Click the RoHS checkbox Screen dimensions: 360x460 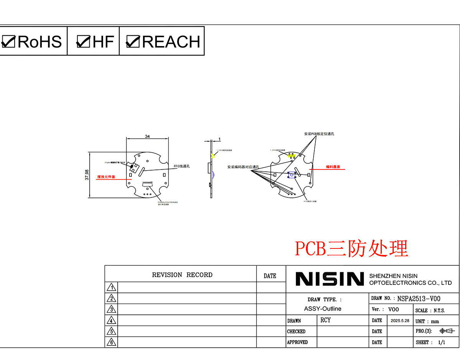click(8, 41)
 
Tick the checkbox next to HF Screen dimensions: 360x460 click(83, 41)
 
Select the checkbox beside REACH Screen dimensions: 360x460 click(133, 41)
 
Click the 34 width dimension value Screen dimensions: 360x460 click(147, 136)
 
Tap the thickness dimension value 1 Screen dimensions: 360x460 click(219, 139)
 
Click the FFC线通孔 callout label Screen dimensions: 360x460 click(182, 166)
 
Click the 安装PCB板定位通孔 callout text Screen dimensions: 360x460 click(319, 134)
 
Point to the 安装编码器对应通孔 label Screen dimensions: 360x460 click(243, 167)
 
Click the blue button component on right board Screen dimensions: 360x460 click(292, 175)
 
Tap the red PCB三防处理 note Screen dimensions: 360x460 click(352, 248)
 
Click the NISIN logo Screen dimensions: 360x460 click(329, 279)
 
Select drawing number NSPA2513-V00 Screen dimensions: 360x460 click(419, 299)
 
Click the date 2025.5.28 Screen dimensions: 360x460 click(400, 321)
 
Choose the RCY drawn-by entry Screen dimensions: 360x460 click(325, 320)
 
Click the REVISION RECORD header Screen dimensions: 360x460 click(182, 275)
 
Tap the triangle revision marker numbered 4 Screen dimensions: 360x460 click(111, 321)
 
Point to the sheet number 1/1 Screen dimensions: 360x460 click(442, 342)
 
